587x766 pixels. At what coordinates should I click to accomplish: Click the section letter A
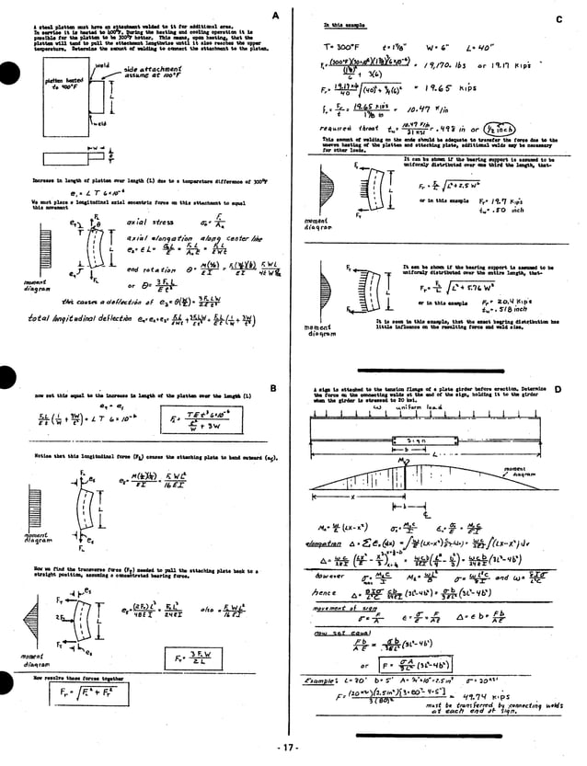click(x=275, y=17)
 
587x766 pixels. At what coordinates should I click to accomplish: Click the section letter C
click(x=558, y=19)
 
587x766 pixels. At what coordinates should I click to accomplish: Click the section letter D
click(x=558, y=390)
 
